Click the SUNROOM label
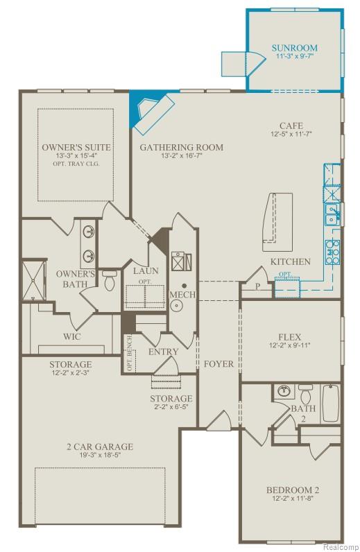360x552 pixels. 295,49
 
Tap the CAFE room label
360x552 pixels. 291,125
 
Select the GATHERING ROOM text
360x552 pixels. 182,147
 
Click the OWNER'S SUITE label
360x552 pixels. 76,148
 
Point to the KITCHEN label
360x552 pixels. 290,261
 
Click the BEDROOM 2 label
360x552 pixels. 291,490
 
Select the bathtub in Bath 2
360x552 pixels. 332,403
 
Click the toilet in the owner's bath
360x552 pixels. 110,282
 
